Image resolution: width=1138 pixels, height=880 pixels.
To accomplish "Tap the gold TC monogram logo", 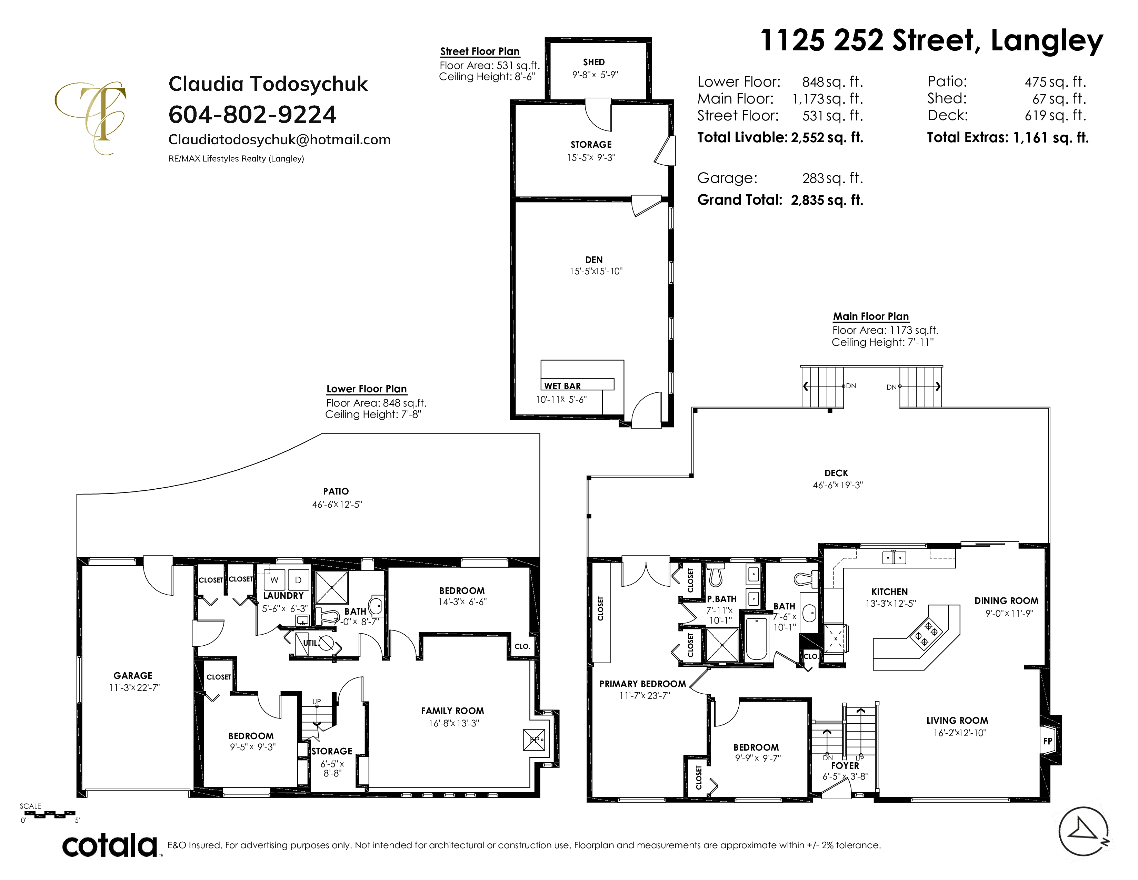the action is [91, 117].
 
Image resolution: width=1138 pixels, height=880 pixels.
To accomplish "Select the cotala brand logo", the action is [110, 845].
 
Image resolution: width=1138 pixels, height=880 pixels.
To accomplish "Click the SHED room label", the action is [594, 62].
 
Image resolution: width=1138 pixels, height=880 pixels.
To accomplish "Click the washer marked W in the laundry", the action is [274, 580].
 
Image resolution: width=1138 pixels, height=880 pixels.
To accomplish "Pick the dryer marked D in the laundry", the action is [299, 580].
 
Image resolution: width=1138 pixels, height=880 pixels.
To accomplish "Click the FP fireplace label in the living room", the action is [1047, 741].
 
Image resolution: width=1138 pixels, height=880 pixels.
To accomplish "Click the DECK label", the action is [836, 473].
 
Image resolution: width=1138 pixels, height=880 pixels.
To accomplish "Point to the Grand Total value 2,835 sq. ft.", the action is [827, 200].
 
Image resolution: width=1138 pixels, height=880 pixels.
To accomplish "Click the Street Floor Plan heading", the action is [480, 51].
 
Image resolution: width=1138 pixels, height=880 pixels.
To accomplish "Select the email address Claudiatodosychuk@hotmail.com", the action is [279, 140].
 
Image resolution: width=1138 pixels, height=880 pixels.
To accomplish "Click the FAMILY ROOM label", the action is [452, 711].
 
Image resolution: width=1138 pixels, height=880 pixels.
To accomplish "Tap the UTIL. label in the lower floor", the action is [311, 643].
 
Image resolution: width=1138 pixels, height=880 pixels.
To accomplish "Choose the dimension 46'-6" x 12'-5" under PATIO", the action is [337, 504].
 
